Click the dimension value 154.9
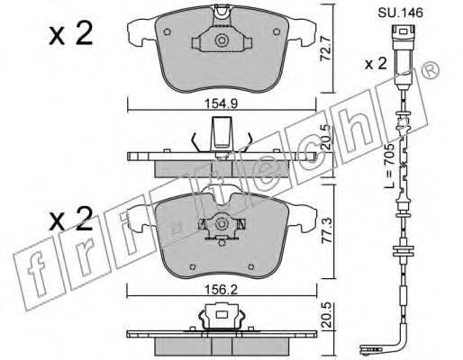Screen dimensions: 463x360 [x=221, y=103]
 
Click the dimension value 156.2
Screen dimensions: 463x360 [x=221, y=290]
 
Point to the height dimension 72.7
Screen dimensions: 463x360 [x=325, y=49]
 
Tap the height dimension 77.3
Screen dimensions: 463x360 [x=327, y=230]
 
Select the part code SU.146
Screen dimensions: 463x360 [x=400, y=13]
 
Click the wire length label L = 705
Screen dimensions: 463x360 [x=390, y=166]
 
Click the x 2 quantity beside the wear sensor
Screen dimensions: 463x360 [x=376, y=64]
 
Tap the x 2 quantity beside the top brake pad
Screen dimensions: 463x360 [x=71, y=34]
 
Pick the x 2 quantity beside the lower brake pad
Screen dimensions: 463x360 [x=71, y=220]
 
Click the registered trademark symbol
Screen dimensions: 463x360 [x=431, y=70]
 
